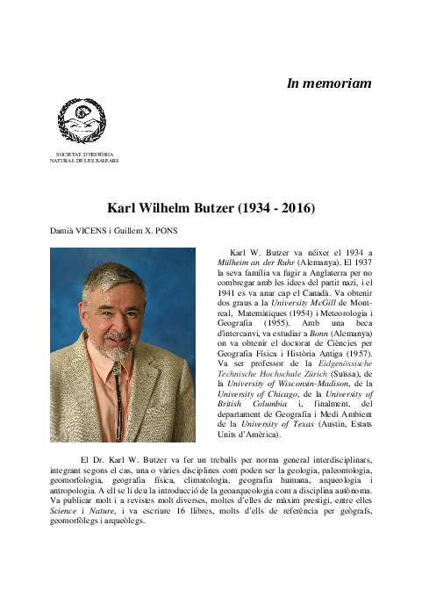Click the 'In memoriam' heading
click(329, 83)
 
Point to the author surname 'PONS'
click(182, 234)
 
